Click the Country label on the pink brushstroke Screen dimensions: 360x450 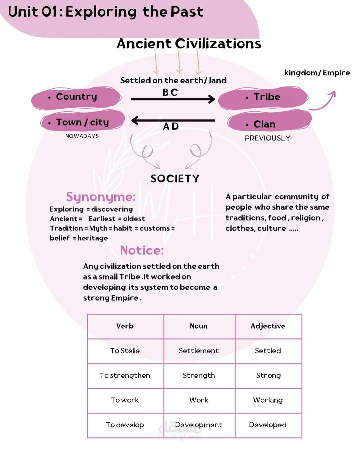pyautogui.click(x=76, y=97)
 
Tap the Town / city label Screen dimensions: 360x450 pyautogui.click(x=82, y=122)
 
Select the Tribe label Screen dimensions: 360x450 pyautogui.click(x=267, y=97)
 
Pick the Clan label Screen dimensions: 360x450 pyautogui.click(x=264, y=124)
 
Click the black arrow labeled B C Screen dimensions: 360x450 pyautogui.click(x=173, y=99)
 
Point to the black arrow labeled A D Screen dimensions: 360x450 pyautogui.click(x=173, y=121)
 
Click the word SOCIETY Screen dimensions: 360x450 pyautogui.click(x=175, y=179)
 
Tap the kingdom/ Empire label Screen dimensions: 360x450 pyautogui.click(x=317, y=73)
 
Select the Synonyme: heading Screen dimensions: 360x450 pyautogui.click(x=101, y=197)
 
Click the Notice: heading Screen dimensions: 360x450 pyautogui.click(x=142, y=250)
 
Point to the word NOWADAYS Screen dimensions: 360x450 pyautogui.click(x=82, y=136)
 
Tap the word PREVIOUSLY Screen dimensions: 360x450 pyautogui.click(x=267, y=138)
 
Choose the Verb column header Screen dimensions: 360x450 pyautogui.click(x=125, y=326)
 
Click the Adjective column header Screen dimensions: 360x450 pyautogui.click(x=268, y=326)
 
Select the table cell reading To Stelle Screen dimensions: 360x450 pyautogui.click(x=125, y=351)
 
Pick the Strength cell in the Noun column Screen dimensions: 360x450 pyautogui.click(x=199, y=376)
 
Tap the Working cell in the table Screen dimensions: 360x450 pyautogui.click(x=268, y=400)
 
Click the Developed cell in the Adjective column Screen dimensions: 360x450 pyautogui.click(x=268, y=425)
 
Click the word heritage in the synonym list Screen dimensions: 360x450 pyautogui.click(x=93, y=238)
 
